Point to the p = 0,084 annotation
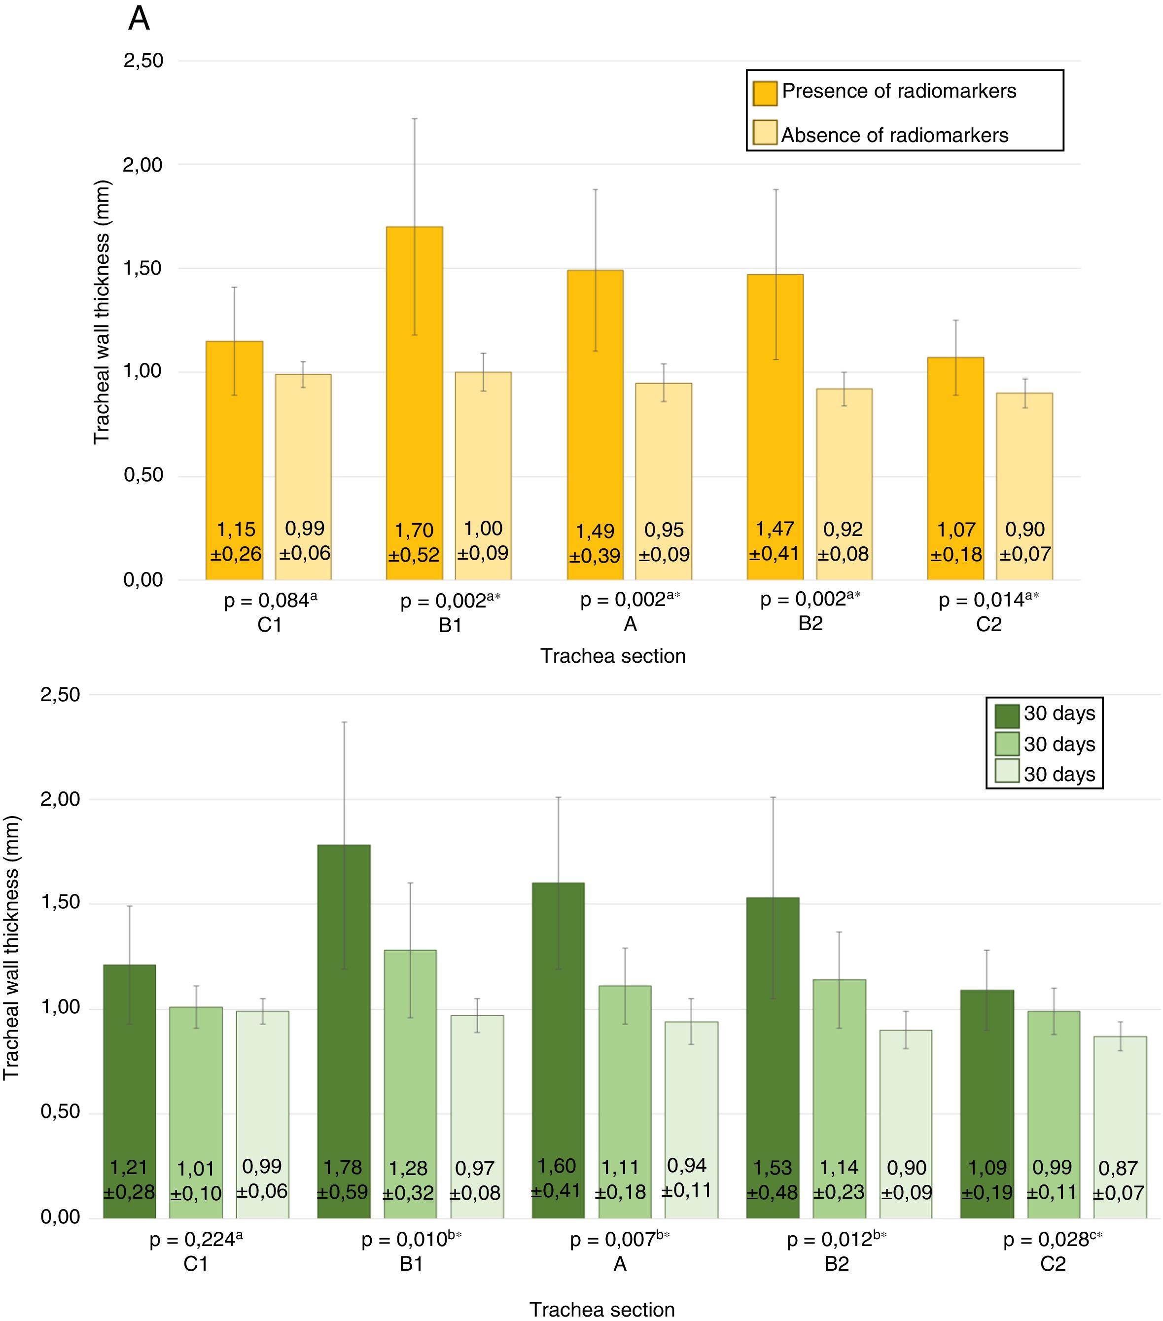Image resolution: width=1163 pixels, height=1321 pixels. [270, 601]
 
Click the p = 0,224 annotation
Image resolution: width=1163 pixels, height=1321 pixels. [196, 1239]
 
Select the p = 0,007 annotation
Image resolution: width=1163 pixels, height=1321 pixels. [619, 1239]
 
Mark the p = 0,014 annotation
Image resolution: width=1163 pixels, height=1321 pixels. [988, 601]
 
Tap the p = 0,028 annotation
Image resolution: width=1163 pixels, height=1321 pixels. [1052, 1239]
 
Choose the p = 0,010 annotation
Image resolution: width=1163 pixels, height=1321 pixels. [411, 1239]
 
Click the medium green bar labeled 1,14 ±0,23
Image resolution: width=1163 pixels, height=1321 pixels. [839, 1099]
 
